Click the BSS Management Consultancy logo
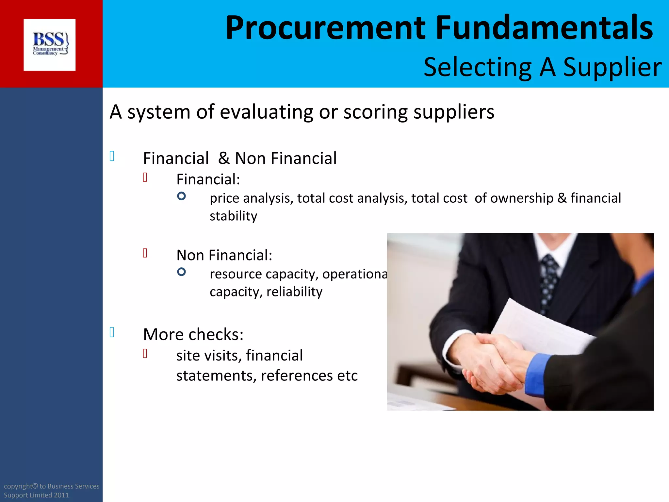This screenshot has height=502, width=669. click(x=50, y=45)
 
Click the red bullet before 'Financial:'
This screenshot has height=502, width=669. click(x=145, y=177)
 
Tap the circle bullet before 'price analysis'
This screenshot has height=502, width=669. click(x=181, y=196)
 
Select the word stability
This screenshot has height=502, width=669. click(x=233, y=216)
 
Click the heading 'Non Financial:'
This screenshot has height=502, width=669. click(x=224, y=255)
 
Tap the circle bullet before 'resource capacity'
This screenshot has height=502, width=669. click(x=181, y=272)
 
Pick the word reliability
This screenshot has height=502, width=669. click(x=294, y=292)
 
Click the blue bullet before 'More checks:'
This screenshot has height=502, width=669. click(x=112, y=332)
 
